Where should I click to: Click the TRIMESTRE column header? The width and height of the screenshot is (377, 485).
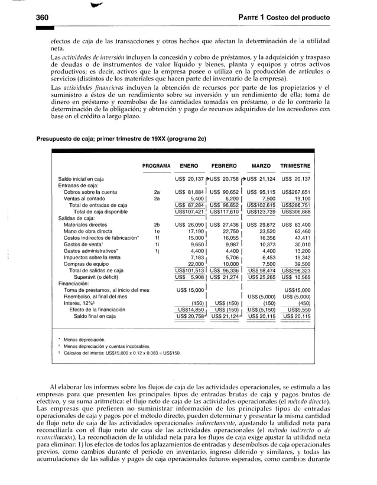[x=296, y=166]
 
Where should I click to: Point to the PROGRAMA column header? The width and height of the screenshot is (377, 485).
[x=157, y=166]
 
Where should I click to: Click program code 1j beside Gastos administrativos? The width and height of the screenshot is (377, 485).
[x=156, y=251]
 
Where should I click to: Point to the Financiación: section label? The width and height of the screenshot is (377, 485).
[x=74, y=284]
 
